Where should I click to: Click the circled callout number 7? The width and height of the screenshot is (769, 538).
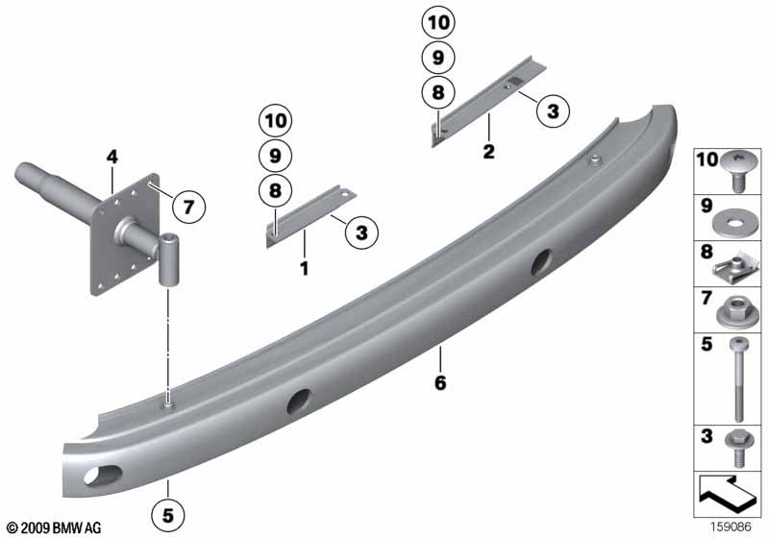click(x=188, y=207)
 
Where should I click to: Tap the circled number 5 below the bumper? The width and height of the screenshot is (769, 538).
click(x=167, y=515)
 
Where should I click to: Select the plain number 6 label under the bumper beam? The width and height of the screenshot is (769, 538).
click(x=440, y=382)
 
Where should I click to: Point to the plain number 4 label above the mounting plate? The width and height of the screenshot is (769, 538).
click(x=112, y=158)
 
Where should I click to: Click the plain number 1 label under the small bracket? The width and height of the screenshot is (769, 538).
click(x=304, y=268)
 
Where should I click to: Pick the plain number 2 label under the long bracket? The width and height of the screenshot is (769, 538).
click(x=488, y=152)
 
